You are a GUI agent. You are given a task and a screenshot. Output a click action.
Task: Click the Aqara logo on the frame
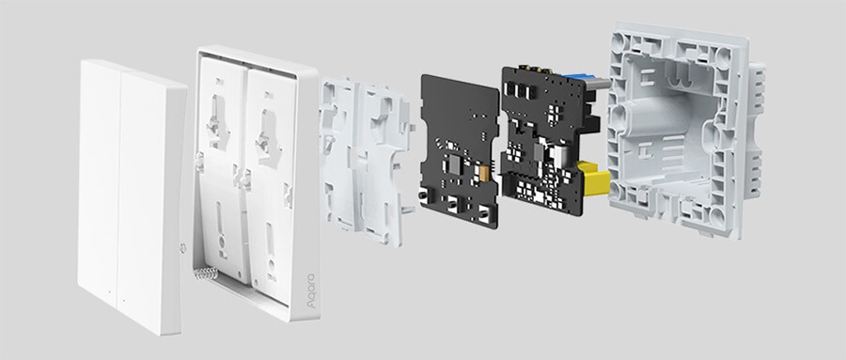tap(310, 291)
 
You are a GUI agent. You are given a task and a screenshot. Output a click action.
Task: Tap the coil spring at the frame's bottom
tap(206, 274)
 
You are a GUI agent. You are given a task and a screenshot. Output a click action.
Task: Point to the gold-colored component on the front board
tap(483, 172)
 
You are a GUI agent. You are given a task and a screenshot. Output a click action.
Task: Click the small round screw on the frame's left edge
tap(182, 248)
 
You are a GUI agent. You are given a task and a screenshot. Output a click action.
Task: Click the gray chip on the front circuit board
tap(454, 164)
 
